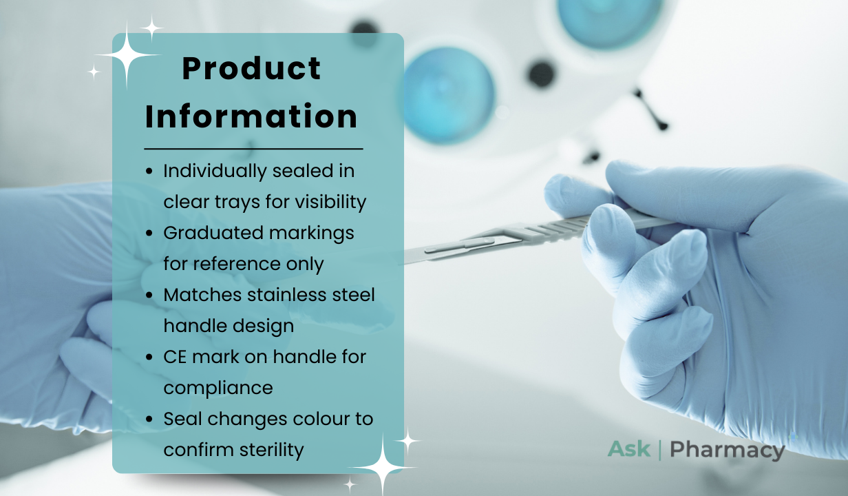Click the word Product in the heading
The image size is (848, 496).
point(251,68)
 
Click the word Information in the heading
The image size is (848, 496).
point(251,116)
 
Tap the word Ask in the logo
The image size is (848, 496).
point(629,449)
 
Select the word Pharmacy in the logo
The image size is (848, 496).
point(728,451)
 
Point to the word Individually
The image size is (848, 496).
point(215,172)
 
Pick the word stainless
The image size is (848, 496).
point(287,295)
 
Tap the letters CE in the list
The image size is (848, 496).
point(175,357)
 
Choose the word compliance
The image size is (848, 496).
point(218,389)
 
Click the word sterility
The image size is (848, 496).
point(271,450)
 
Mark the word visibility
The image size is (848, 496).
point(330,202)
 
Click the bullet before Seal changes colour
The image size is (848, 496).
point(149,419)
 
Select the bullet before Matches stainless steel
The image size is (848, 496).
point(149,295)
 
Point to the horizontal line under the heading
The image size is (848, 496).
point(253,149)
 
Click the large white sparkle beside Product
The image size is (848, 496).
point(127,55)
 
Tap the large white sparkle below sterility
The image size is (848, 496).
point(383,468)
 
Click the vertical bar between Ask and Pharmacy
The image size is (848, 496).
point(660,450)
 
